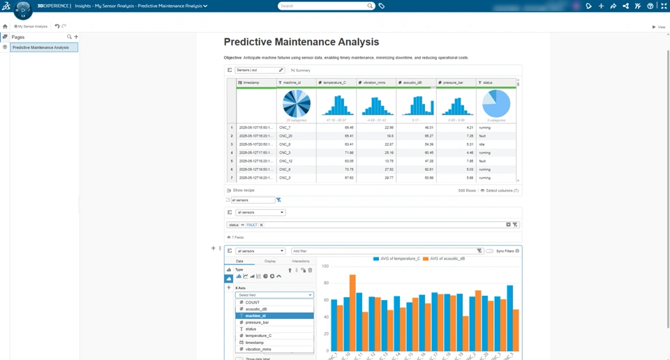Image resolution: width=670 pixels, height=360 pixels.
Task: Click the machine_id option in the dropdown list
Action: pos(255,316)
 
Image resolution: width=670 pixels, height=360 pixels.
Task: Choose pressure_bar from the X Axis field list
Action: pos(257,322)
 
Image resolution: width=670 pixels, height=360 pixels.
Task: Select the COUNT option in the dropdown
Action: pos(252,303)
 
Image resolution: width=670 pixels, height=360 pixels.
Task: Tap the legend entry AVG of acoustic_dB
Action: pos(445,258)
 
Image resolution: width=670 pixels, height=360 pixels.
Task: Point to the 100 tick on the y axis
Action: pos(325,267)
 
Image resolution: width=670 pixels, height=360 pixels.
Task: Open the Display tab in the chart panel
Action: pos(269,261)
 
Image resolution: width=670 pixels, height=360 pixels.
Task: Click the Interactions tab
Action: pos(300,261)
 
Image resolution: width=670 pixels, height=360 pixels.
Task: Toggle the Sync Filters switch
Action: pos(490,251)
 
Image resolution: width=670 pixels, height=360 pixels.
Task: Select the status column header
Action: pos(488,82)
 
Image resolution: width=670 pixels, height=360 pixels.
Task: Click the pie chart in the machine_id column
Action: pos(297,104)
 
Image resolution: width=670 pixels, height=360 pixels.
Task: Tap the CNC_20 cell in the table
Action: pos(285,136)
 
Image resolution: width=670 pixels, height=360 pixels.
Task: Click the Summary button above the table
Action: pos(301,70)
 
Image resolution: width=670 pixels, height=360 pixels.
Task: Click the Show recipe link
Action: pos(243,190)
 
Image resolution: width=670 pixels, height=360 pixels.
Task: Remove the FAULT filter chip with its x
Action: pos(261,225)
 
